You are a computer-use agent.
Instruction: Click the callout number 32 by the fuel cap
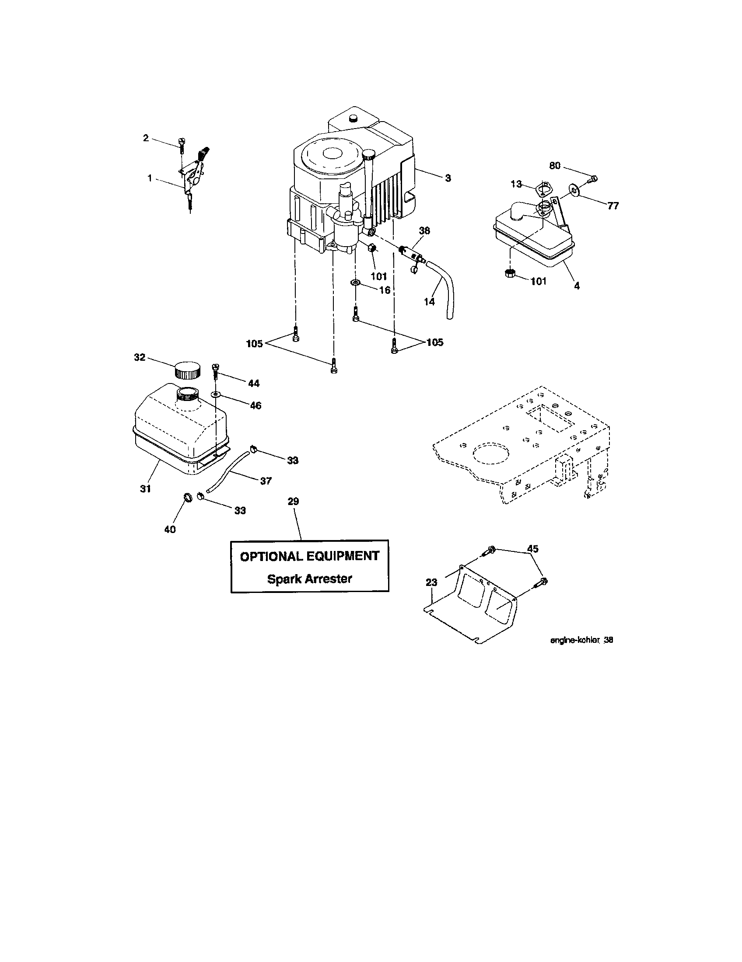[x=140, y=357]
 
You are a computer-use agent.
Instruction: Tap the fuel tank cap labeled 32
[x=187, y=370]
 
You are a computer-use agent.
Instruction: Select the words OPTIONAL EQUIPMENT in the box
[x=309, y=556]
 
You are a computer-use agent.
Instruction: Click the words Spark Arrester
[x=309, y=579]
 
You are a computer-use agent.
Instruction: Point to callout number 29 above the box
[x=293, y=501]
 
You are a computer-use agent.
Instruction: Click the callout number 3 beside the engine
[x=448, y=178]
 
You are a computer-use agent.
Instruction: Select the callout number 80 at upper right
[x=555, y=166]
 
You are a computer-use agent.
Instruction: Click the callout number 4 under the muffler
[x=576, y=286]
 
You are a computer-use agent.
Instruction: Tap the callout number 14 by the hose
[x=429, y=301]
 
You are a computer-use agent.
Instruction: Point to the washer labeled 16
[x=355, y=282]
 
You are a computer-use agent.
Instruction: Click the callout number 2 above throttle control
[x=146, y=138]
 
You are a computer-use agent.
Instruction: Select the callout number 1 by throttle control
[x=150, y=178]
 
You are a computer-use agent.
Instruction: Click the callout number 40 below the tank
[x=170, y=529]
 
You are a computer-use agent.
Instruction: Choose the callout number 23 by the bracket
[x=431, y=582]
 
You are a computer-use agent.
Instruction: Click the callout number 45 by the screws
[x=533, y=548]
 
